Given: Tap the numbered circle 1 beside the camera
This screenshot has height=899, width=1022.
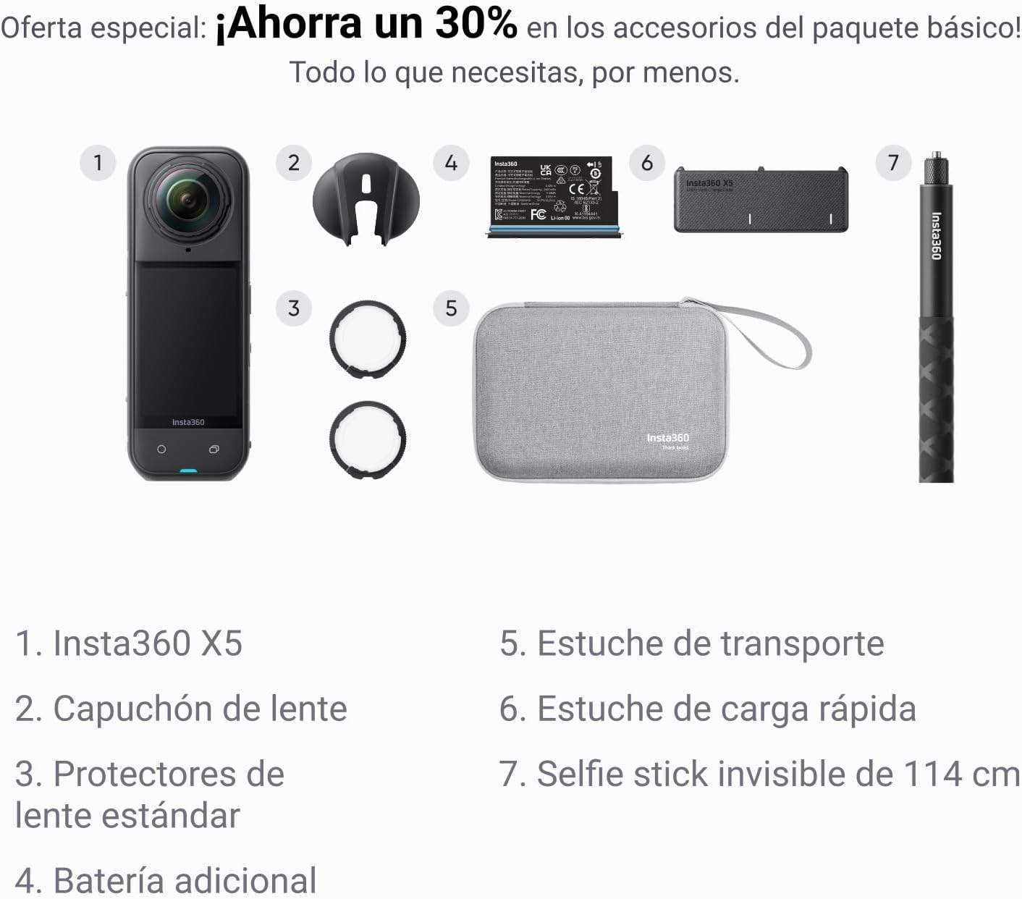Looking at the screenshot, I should pyautogui.click(x=98, y=162).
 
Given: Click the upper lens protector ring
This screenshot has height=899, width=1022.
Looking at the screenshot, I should pyautogui.click(x=367, y=339).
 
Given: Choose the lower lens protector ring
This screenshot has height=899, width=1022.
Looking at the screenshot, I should pyautogui.click(x=367, y=439).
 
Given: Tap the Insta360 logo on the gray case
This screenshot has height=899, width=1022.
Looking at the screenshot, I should pyautogui.click(x=667, y=438).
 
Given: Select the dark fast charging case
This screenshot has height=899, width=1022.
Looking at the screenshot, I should pyautogui.click(x=760, y=199).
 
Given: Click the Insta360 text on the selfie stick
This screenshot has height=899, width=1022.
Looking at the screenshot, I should pyautogui.click(x=935, y=235).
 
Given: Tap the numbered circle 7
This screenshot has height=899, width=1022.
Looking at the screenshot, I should pyautogui.click(x=893, y=162).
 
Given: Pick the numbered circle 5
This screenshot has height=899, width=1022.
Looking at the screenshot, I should pyautogui.click(x=451, y=308).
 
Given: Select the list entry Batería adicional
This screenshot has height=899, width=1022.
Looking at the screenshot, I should pyautogui.click(x=185, y=880).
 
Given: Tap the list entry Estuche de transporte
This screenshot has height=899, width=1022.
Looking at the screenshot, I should pyautogui.click(x=710, y=643).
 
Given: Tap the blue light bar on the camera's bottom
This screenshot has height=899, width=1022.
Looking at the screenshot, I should pyautogui.click(x=188, y=472).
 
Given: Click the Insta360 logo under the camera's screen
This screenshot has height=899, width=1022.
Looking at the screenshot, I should pyautogui.click(x=188, y=422).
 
